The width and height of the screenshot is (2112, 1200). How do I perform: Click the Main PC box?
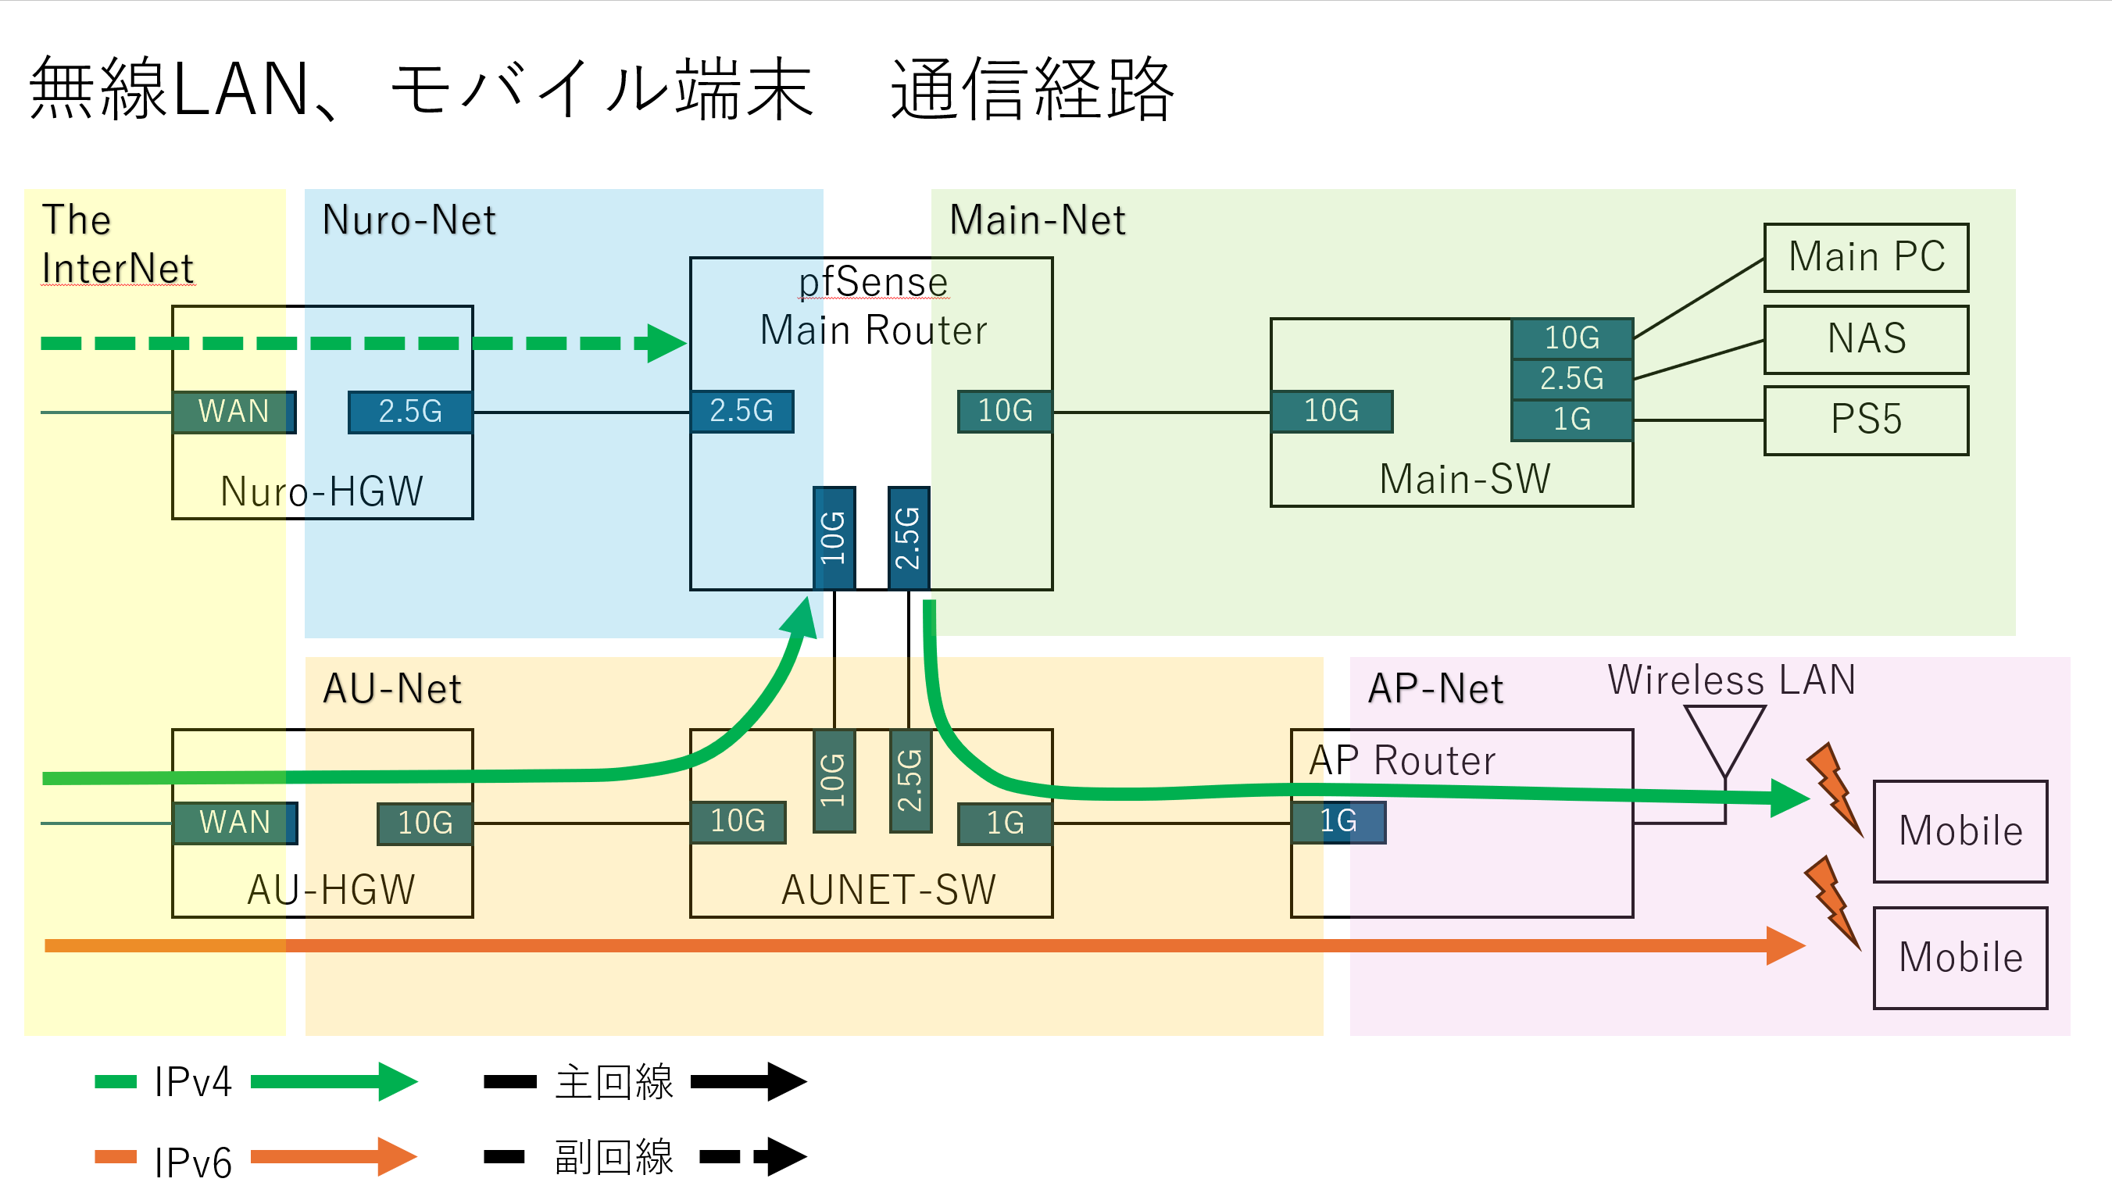coord(1865,257)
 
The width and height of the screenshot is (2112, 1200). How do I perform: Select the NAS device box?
coord(1865,339)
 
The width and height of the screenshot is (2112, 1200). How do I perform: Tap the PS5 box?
coord(1865,420)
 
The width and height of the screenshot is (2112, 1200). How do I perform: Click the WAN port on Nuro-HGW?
coord(234,411)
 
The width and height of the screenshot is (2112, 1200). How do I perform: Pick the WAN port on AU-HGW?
coord(235,823)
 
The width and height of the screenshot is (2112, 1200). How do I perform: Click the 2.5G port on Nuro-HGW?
coord(409,411)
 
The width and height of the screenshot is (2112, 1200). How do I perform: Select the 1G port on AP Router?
coord(1338,822)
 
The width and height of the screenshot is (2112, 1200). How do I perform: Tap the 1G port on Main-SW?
coord(1571,420)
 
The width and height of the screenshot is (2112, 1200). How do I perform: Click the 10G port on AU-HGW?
coord(424,823)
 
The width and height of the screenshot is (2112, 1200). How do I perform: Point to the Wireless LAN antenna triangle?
coord(1724,738)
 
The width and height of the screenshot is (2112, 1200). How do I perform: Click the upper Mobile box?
coord(1960,830)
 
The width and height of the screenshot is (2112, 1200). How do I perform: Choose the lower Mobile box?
coord(1960,958)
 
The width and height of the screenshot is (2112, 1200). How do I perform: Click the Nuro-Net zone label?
coord(409,220)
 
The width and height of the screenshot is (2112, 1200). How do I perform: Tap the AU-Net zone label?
coord(392,688)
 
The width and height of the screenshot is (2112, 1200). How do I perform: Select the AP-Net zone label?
coord(1435,688)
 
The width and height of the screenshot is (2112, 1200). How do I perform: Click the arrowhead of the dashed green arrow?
coord(664,343)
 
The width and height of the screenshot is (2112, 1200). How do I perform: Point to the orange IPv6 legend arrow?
coord(334,1156)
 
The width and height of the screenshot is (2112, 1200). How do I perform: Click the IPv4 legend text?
coord(193,1082)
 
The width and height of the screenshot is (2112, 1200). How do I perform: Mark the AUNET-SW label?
coord(888,890)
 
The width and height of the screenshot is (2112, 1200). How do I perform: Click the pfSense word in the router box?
coord(873,282)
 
